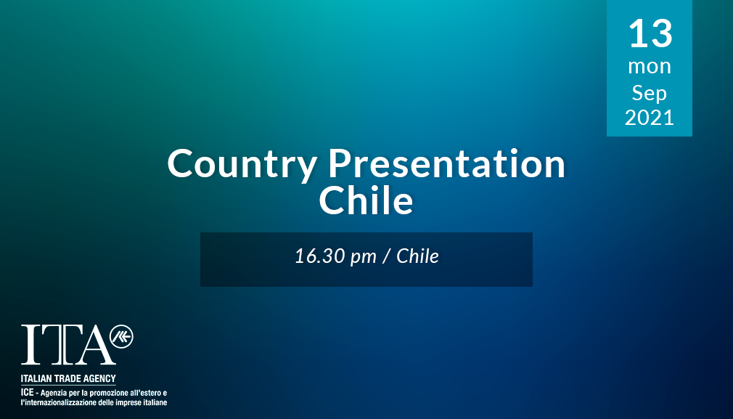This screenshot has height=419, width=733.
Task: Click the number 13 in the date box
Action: click(650, 33)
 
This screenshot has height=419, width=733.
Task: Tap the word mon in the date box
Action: click(650, 66)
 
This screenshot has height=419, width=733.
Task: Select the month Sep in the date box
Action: click(650, 93)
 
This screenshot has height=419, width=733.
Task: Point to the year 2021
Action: click(650, 118)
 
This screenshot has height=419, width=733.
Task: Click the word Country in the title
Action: click(242, 164)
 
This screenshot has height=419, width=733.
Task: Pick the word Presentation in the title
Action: click(446, 163)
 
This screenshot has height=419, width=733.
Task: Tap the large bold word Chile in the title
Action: click(366, 200)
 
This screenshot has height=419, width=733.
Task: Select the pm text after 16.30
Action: click(363, 258)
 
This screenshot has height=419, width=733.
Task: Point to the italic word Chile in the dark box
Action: click(417, 256)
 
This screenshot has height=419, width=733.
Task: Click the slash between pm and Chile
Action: click(387, 256)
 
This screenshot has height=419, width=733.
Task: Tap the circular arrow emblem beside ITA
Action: click(121, 337)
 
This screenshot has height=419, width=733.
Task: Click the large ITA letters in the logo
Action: click(68, 345)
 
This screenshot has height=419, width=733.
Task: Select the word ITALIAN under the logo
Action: click(36, 379)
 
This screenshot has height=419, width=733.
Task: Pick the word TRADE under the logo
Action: click(67, 379)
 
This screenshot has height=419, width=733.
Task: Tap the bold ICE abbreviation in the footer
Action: click(27, 392)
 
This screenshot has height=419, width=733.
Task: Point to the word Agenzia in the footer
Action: click(53, 394)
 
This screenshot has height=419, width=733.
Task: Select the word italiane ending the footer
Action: click(155, 402)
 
